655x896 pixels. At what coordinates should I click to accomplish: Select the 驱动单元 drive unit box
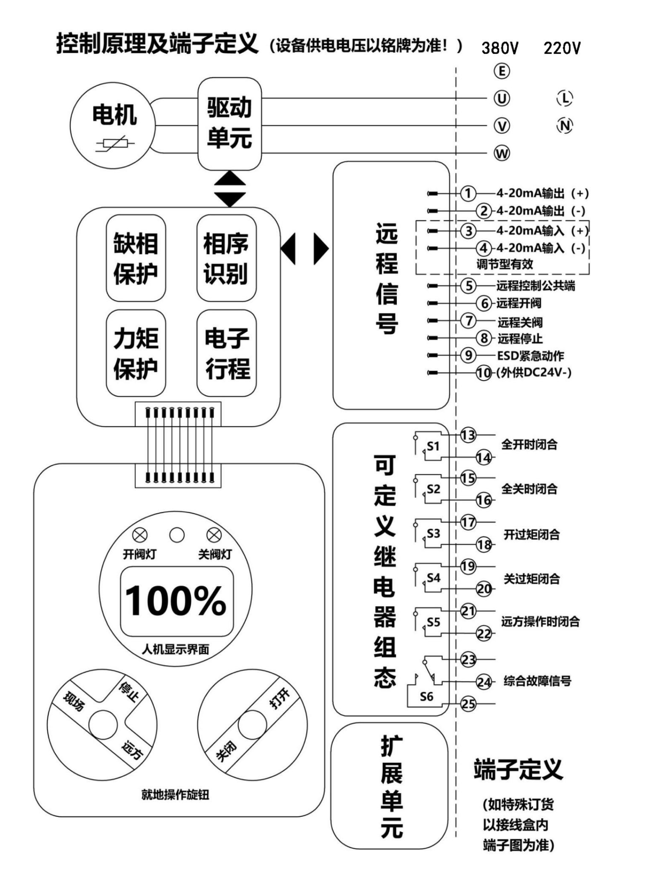tap(230, 124)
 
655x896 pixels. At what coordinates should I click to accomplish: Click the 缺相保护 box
tap(136, 258)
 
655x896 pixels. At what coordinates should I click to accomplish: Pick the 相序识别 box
tap(226, 258)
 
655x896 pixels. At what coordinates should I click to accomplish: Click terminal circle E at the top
tap(502, 71)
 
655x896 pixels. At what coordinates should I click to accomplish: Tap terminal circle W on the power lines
tap(502, 153)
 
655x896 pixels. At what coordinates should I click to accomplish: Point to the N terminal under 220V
tap(565, 126)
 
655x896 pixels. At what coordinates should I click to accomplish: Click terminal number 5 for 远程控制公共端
tap(468, 286)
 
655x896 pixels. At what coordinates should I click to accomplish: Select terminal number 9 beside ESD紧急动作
tap(468, 355)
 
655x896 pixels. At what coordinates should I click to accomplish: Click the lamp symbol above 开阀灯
tap(140, 535)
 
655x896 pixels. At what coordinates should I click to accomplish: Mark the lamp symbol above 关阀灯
tap(214, 535)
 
